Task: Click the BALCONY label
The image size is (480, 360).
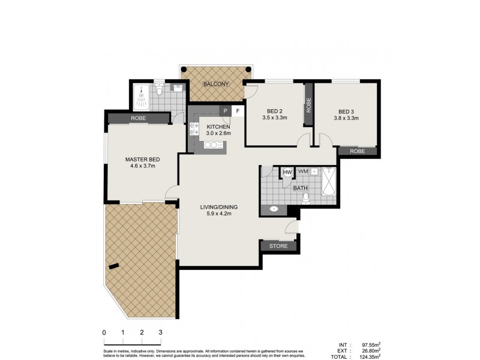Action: tap(216, 84)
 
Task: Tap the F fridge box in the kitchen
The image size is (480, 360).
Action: tap(238, 111)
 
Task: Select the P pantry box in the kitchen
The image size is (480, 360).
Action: tap(226, 111)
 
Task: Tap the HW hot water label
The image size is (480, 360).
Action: tap(287, 172)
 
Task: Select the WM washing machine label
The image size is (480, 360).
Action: tap(303, 172)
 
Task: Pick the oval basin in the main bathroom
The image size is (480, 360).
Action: tap(274, 209)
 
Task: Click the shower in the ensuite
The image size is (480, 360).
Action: tap(142, 94)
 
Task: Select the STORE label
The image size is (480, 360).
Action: tap(278, 246)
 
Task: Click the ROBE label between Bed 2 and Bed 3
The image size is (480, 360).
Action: tap(308, 106)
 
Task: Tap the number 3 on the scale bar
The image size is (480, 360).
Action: tap(160, 332)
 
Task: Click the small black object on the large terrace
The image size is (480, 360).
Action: tap(113, 267)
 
